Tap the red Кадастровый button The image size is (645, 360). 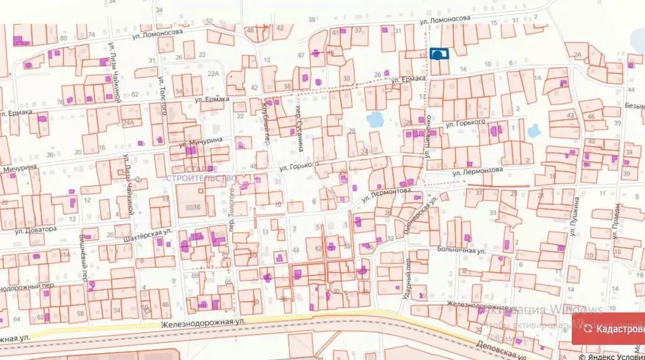(610, 328)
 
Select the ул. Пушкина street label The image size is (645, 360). (574, 217)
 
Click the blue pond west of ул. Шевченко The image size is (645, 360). (376, 119)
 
